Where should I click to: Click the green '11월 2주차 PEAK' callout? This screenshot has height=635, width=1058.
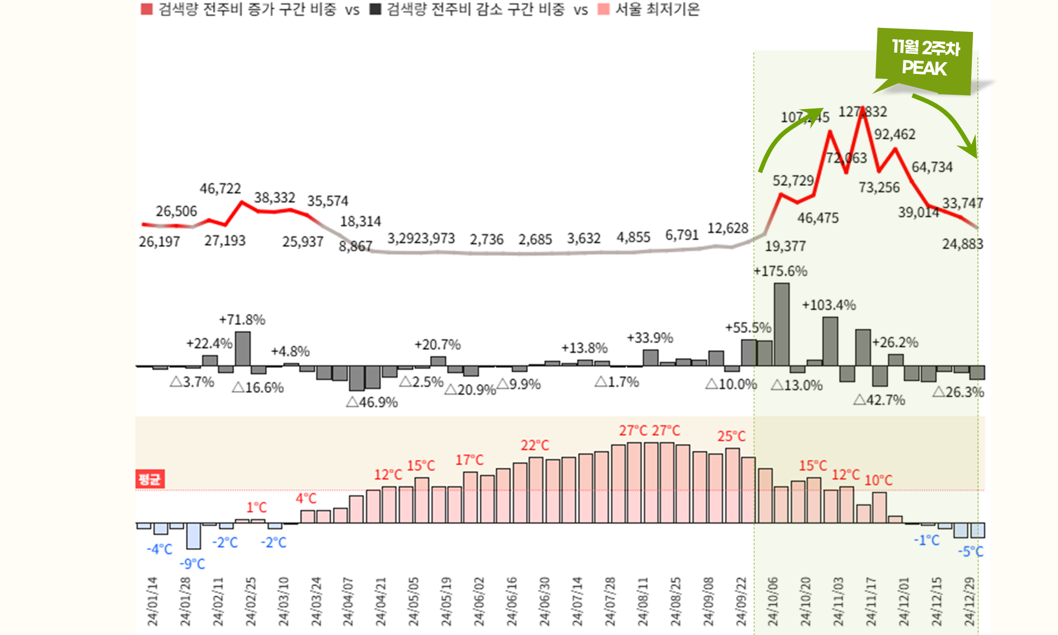[924, 59]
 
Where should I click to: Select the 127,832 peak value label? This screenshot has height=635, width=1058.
[862, 112]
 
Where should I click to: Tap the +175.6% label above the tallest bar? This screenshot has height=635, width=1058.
[780, 272]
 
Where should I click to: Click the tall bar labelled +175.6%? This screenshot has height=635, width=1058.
[781, 324]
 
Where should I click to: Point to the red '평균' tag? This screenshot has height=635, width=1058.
[149, 479]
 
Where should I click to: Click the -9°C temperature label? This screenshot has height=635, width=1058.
[192, 564]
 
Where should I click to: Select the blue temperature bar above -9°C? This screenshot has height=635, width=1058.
[194, 536]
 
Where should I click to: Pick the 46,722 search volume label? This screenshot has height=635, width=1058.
[220, 189]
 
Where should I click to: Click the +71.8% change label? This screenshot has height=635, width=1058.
[242, 320]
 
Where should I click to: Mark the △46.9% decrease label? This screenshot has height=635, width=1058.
[372, 403]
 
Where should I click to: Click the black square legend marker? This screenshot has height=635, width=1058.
[375, 10]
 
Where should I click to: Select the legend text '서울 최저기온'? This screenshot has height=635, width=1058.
[657, 10]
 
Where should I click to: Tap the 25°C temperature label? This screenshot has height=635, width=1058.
[731, 436]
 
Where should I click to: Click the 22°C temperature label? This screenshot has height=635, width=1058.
[535, 445]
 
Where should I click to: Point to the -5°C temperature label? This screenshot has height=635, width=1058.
[970, 552]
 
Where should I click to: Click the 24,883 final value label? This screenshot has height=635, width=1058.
[962, 244]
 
